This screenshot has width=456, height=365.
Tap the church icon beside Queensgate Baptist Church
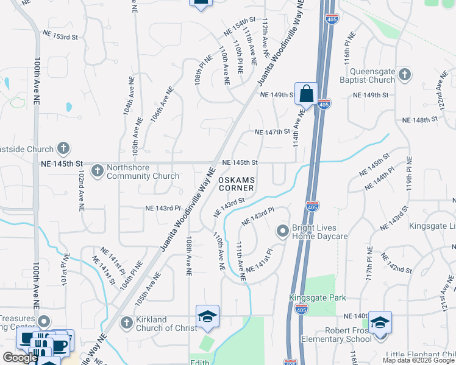tap(405, 75)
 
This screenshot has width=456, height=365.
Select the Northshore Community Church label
tap(143, 172)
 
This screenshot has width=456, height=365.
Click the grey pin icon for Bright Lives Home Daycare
tap(282, 231)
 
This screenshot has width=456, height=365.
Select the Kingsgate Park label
tap(317, 298)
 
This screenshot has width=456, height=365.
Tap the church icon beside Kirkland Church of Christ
tap(126, 323)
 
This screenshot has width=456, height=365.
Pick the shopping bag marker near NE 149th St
tap(306, 94)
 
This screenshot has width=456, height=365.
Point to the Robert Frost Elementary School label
tap(335, 335)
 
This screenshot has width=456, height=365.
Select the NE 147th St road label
tap(271, 132)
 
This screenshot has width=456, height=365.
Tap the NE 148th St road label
tap(421, 120)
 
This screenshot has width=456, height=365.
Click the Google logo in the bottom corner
tap(20, 358)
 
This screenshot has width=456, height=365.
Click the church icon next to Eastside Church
tap(63, 148)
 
